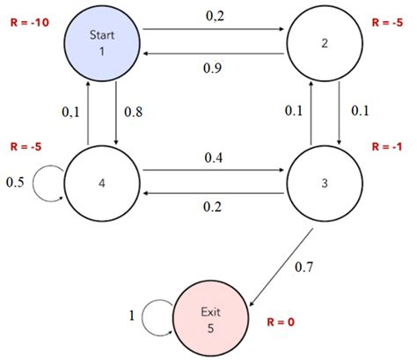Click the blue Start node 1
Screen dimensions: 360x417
click(x=102, y=40)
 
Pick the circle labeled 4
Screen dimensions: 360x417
click(x=102, y=183)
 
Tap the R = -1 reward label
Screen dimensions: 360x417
click(x=389, y=146)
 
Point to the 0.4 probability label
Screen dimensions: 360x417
click(x=213, y=158)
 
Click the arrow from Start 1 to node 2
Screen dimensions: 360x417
click(x=213, y=29)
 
